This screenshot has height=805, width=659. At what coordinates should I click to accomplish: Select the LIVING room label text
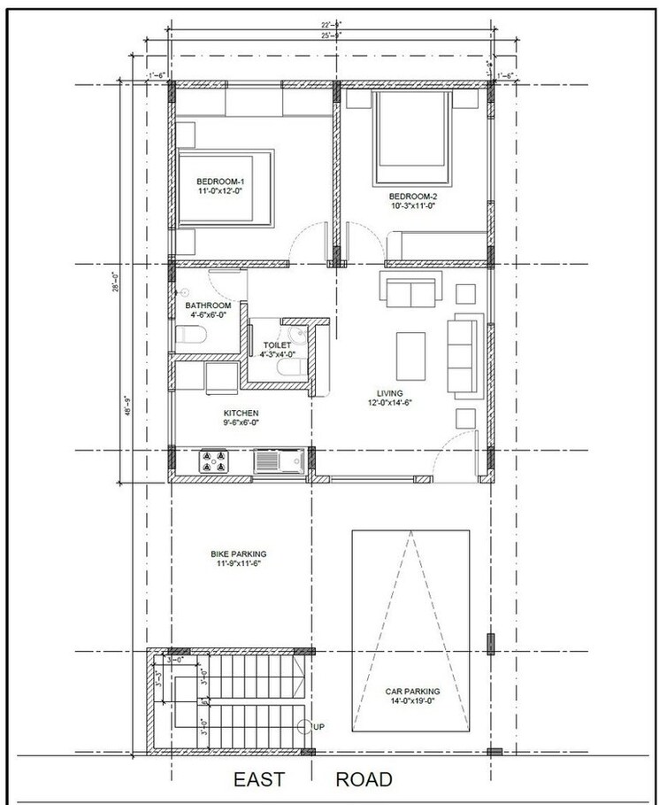[389, 392]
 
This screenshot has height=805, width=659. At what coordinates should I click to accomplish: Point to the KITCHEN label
[240, 413]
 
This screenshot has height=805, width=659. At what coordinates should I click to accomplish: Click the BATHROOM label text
[208, 306]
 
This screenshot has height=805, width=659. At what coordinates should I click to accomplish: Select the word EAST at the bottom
[259, 780]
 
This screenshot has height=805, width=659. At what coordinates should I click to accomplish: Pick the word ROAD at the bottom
[364, 780]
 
